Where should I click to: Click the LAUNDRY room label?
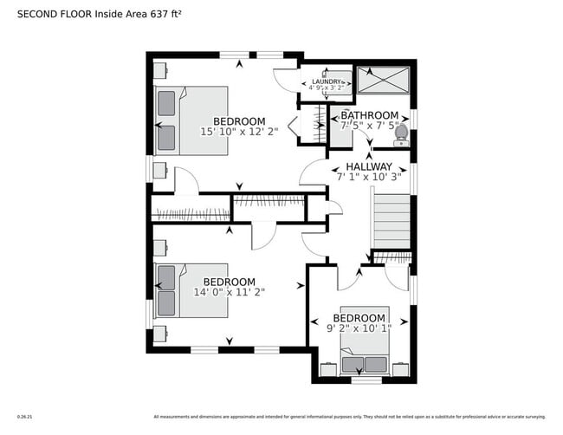click(327, 81)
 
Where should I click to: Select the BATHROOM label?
click(369, 115)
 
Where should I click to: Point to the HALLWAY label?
click(369, 166)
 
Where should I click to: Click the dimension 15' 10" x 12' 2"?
click(238, 132)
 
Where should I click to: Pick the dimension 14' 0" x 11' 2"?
click(229, 293)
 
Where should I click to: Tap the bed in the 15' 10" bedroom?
click(191, 120)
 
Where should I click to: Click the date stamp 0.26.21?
click(25, 417)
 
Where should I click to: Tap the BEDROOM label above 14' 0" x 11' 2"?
click(229, 282)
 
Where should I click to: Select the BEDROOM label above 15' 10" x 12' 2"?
click(238, 120)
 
